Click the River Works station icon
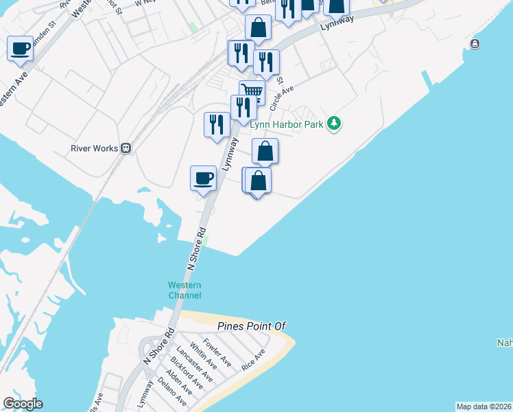126,148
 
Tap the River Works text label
95,148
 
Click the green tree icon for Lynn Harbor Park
334,124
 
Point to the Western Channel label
185,290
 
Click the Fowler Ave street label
217,352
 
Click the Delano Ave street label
171,390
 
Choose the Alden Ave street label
177,382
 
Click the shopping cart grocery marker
252,91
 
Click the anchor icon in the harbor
475,44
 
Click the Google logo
23,404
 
